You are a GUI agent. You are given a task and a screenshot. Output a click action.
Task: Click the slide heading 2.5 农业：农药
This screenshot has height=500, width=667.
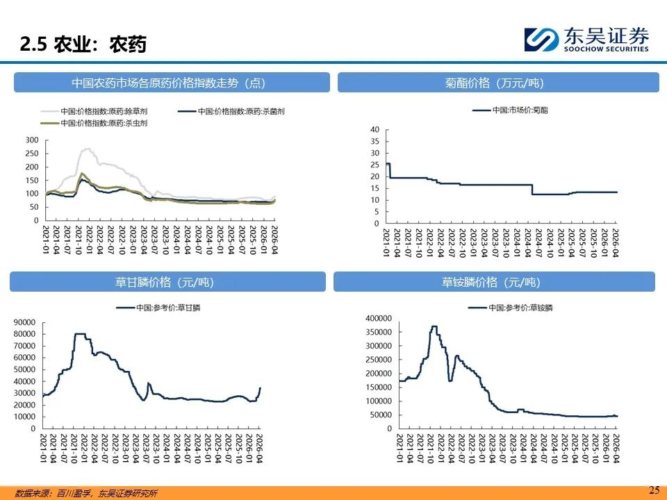point(83,45)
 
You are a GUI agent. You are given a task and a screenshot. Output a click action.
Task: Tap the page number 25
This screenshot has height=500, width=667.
point(654,490)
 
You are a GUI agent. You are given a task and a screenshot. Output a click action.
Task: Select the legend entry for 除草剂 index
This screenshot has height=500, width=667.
point(104,111)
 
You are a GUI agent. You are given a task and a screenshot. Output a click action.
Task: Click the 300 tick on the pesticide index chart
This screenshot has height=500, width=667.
point(31,140)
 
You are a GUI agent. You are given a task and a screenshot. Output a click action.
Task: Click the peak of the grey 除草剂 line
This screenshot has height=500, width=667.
point(88,149)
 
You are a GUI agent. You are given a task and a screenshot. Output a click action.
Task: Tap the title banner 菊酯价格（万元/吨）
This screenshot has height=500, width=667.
point(495,83)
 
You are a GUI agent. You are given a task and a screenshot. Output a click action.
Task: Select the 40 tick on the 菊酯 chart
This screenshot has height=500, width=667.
point(374,129)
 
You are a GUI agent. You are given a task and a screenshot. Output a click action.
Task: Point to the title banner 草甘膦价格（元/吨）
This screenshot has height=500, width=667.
point(167,282)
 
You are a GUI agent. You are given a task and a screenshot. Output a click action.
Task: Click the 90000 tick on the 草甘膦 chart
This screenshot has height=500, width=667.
point(25,322)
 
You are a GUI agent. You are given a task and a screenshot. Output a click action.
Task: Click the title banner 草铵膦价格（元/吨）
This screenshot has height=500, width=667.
point(493,282)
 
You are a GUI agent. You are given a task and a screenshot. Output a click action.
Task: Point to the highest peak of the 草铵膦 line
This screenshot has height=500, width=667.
point(434,326)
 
